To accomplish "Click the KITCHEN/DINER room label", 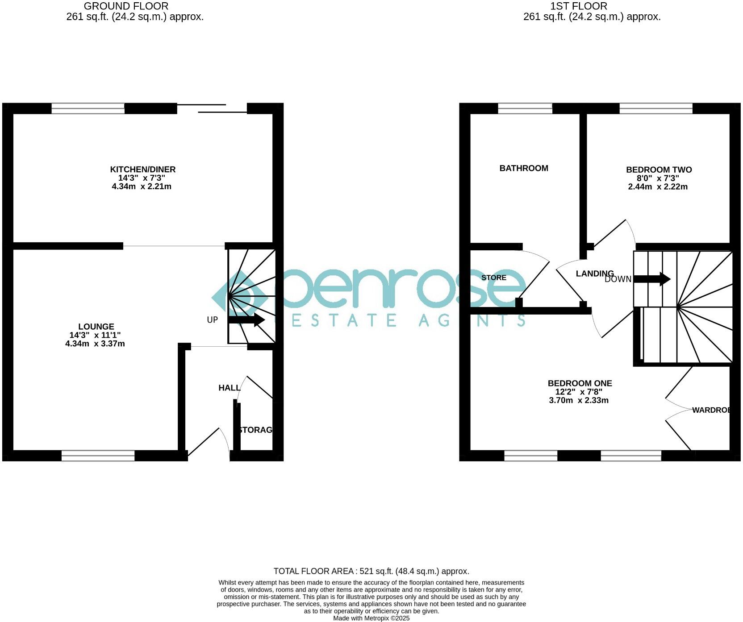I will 143,170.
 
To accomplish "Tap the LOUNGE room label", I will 96,327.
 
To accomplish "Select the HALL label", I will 229,388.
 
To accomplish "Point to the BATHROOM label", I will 524,168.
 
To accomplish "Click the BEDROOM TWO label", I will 659,170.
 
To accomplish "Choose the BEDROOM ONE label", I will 580,383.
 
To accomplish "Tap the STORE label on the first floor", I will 494,278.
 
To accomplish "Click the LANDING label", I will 594,274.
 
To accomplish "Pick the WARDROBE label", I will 711,410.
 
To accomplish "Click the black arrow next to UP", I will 246,320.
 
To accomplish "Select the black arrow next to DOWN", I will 652,279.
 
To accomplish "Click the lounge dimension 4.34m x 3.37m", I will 95,344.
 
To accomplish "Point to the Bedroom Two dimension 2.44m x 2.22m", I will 658,187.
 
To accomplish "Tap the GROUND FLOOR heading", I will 126,6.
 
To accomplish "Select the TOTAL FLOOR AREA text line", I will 371,571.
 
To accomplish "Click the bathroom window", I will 525,108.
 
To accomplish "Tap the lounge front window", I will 98,455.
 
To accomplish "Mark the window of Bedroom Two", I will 656,108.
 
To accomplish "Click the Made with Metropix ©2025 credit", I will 371,618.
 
